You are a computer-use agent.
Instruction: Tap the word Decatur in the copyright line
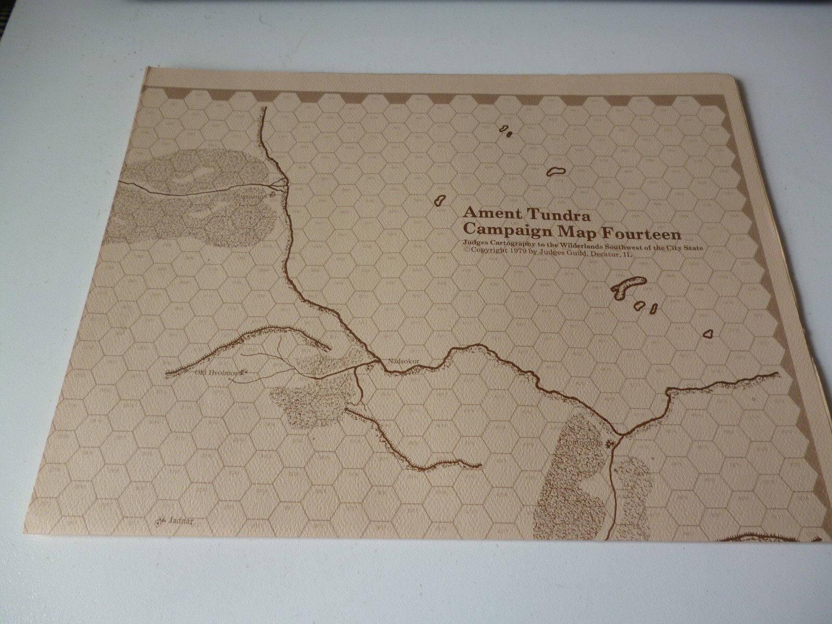click(x=601, y=254)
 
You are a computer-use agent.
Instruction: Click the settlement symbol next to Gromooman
click(x=610, y=443)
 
